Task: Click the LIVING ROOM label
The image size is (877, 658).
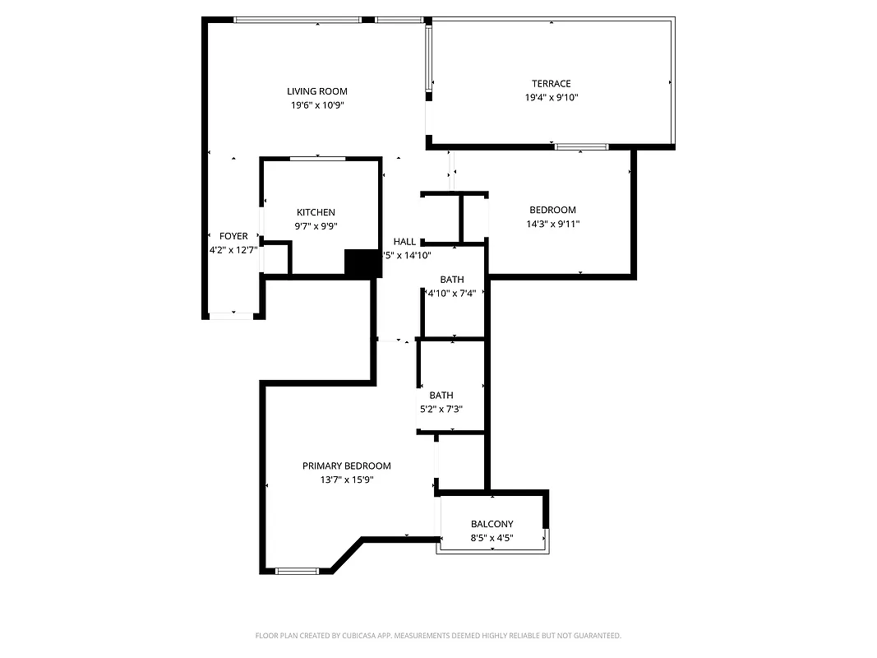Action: tap(316, 91)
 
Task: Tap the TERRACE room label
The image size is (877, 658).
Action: tap(551, 83)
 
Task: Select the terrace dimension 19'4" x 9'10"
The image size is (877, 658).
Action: tap(551, 97)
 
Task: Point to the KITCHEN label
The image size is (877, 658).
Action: tap(316, 212)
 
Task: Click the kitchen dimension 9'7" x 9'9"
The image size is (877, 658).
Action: tap(316, 226)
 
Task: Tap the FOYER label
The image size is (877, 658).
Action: tap(233, 236)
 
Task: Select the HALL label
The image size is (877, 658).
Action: tap(404, 241)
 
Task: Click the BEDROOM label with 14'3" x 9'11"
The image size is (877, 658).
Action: tap(552, 210)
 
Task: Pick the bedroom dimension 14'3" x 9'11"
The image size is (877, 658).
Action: tap(552, 224)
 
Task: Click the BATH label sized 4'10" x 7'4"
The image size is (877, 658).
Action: tap(451, 280)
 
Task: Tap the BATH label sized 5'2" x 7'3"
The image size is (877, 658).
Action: tap(441, 396)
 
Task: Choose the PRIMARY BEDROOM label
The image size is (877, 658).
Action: tap(346, 466)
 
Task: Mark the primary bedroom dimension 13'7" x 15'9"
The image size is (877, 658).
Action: tap(346, 480)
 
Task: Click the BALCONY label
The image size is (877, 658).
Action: tap(492, 524)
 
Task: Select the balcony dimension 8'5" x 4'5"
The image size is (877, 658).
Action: tap(492, 538)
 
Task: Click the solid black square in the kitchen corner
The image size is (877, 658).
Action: tap(359, 263)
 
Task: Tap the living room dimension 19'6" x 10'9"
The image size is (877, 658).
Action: tap(316, 105)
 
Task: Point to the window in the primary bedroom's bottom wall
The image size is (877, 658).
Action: tap(297, 571)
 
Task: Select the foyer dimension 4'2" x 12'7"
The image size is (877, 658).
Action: tap(233, 250)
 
